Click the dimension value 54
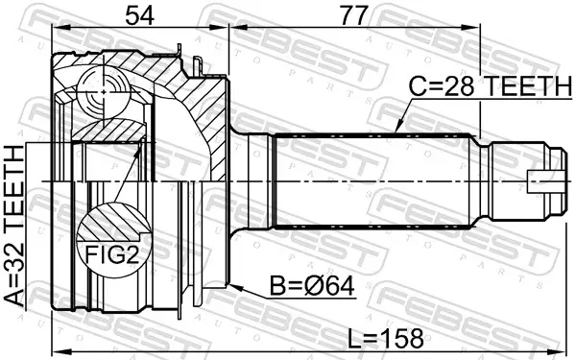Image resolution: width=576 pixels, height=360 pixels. (x=139, y=16)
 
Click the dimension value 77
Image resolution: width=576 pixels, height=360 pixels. (x=354, y=16)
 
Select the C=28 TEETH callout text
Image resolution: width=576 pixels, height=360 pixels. (x=490, y=85)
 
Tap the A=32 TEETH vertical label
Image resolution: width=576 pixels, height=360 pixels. (x=14, y=226)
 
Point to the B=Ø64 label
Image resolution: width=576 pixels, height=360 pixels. (x=312, y=286)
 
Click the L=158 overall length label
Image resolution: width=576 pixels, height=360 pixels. (x=386, y=338)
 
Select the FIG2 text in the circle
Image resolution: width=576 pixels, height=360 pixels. (x=112, y=253)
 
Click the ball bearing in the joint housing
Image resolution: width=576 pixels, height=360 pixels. (x=103, y=92)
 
